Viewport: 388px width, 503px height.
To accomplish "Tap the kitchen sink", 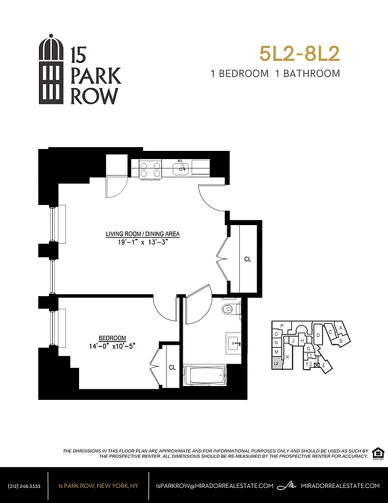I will [x=181, y=168].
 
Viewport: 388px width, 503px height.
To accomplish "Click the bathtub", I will [x=204, y=376].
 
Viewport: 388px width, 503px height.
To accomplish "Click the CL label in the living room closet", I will [x=247, y=259].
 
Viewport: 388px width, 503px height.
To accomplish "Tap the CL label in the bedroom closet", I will [x=172, y=367].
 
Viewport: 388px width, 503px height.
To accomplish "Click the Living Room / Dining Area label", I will [x=143, y=234].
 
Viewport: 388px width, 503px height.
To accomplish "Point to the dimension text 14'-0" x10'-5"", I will [x=112, y=345].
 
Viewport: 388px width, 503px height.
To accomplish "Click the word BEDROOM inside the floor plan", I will [x=112, y=337].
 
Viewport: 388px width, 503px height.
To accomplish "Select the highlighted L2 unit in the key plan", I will [x=276, y=363].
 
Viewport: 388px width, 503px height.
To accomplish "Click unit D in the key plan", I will [x=318, y=336].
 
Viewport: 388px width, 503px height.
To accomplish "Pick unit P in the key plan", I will [x=282, y=326].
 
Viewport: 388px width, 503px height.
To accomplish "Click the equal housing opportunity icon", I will [x=377, y=453].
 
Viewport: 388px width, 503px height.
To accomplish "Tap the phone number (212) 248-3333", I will [x=24, y=485].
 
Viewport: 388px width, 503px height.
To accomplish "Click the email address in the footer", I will [x=215, y=485].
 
